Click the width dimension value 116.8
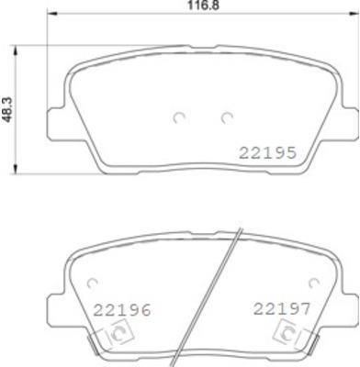203,6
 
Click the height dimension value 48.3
8,109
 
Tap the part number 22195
267,152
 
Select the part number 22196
122,310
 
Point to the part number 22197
282,308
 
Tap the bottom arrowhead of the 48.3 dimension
15,169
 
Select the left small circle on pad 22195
179,117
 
